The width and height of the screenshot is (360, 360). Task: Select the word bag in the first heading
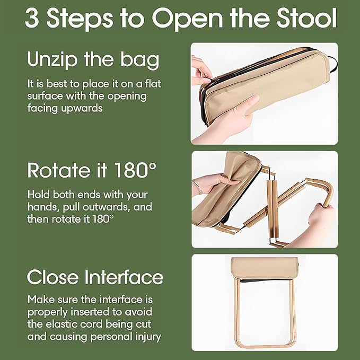pyautogui.click(x=141, y=60)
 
